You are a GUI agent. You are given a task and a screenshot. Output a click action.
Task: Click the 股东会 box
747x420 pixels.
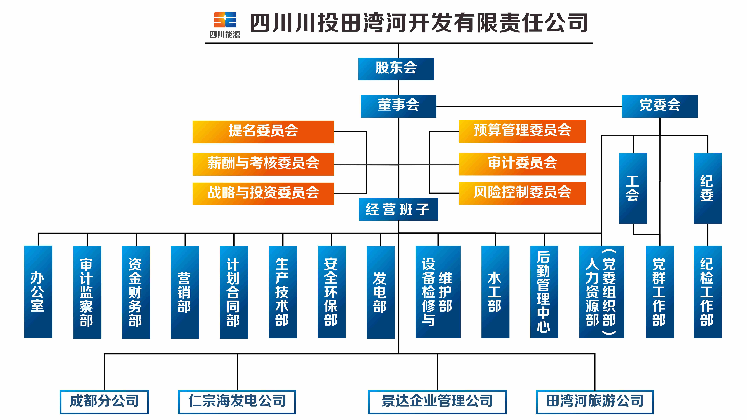[x=396, y=69]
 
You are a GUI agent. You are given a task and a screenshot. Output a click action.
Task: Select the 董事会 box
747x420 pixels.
[x=398, y=106]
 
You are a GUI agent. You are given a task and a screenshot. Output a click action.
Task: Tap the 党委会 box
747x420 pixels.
[x=660, y=106]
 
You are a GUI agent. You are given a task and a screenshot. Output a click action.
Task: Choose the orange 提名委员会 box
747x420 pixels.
[x=263, y=132]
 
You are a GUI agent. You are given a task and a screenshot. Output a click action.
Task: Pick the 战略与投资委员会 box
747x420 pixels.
[x=263, y=194]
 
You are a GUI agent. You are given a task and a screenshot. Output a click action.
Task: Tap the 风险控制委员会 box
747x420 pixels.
[x=522, y=193]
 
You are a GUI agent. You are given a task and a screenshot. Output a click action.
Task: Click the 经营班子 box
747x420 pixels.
[x=398, y=209]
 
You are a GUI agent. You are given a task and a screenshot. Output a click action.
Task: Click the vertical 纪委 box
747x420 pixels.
[x=708, y=188]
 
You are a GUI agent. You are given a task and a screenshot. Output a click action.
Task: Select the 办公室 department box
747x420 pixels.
[x=38, y=292]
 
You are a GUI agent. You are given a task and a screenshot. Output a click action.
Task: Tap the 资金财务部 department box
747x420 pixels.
[x=136, y=292]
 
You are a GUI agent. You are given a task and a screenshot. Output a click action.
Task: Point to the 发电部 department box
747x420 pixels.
[x=381, y=292]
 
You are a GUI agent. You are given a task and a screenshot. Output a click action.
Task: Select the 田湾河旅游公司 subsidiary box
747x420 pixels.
[x=595, y=402]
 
